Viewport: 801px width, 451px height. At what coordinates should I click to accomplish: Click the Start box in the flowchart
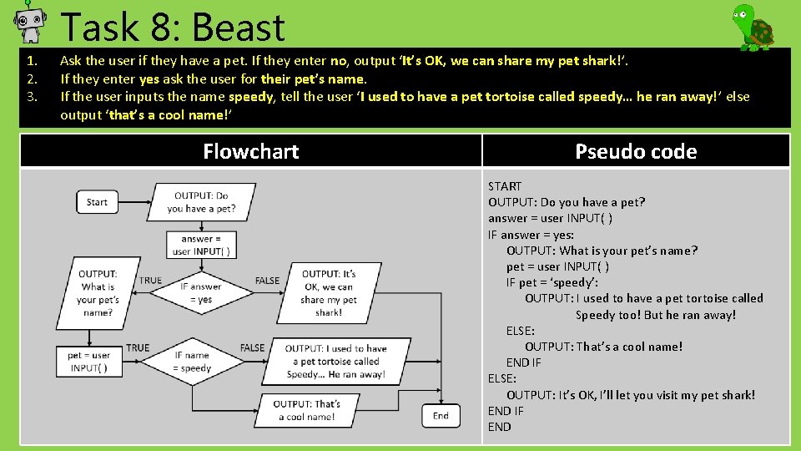click(x=97, y=201)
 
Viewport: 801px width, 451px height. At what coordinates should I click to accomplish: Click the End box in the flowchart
click(x=441, y=415)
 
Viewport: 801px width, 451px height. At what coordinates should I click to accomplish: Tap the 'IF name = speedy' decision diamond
click(x=192, y=362)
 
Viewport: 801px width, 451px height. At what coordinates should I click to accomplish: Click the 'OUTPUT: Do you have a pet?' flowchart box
click(x=201, y=202)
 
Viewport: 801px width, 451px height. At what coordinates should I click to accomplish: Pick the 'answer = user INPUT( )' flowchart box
click(x=201, y=245)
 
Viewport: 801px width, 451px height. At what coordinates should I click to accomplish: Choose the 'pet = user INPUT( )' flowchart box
click(x=89, y=361)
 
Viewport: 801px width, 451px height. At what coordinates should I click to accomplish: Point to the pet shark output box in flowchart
click(x=329, y=292)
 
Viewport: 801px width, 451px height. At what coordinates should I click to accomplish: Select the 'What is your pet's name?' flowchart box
click(x=98, y=292)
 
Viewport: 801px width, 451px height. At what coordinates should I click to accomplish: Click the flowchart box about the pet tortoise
click(x=335, y=362)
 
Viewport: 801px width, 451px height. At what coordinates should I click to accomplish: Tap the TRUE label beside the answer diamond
click(x=151, y=281)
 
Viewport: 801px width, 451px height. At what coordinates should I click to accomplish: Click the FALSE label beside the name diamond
click(x=252, y=347)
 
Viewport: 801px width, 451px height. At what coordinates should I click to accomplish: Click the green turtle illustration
click(x=753, y=27)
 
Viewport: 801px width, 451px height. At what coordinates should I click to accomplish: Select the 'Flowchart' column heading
click(x=250, y=151)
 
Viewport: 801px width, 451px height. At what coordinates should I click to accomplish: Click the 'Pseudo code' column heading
click(x=636, y=151)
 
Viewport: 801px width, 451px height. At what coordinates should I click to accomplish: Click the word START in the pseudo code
click(x=505, y=186)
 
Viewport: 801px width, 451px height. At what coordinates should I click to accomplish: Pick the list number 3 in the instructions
click(x=32, y=96)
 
